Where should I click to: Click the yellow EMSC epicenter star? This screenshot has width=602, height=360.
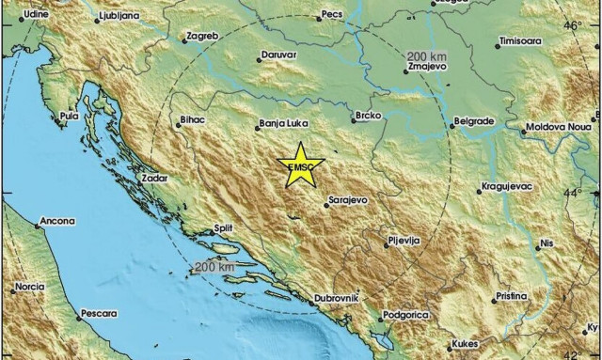point(301,166)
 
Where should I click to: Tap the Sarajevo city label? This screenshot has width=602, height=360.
point(348,199)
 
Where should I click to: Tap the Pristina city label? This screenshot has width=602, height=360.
point(511,296)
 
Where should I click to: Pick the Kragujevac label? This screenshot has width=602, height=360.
point(508,187)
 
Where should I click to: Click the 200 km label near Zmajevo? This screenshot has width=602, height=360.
point(428,57)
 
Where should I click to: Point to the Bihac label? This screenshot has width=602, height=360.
point(191,119)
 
